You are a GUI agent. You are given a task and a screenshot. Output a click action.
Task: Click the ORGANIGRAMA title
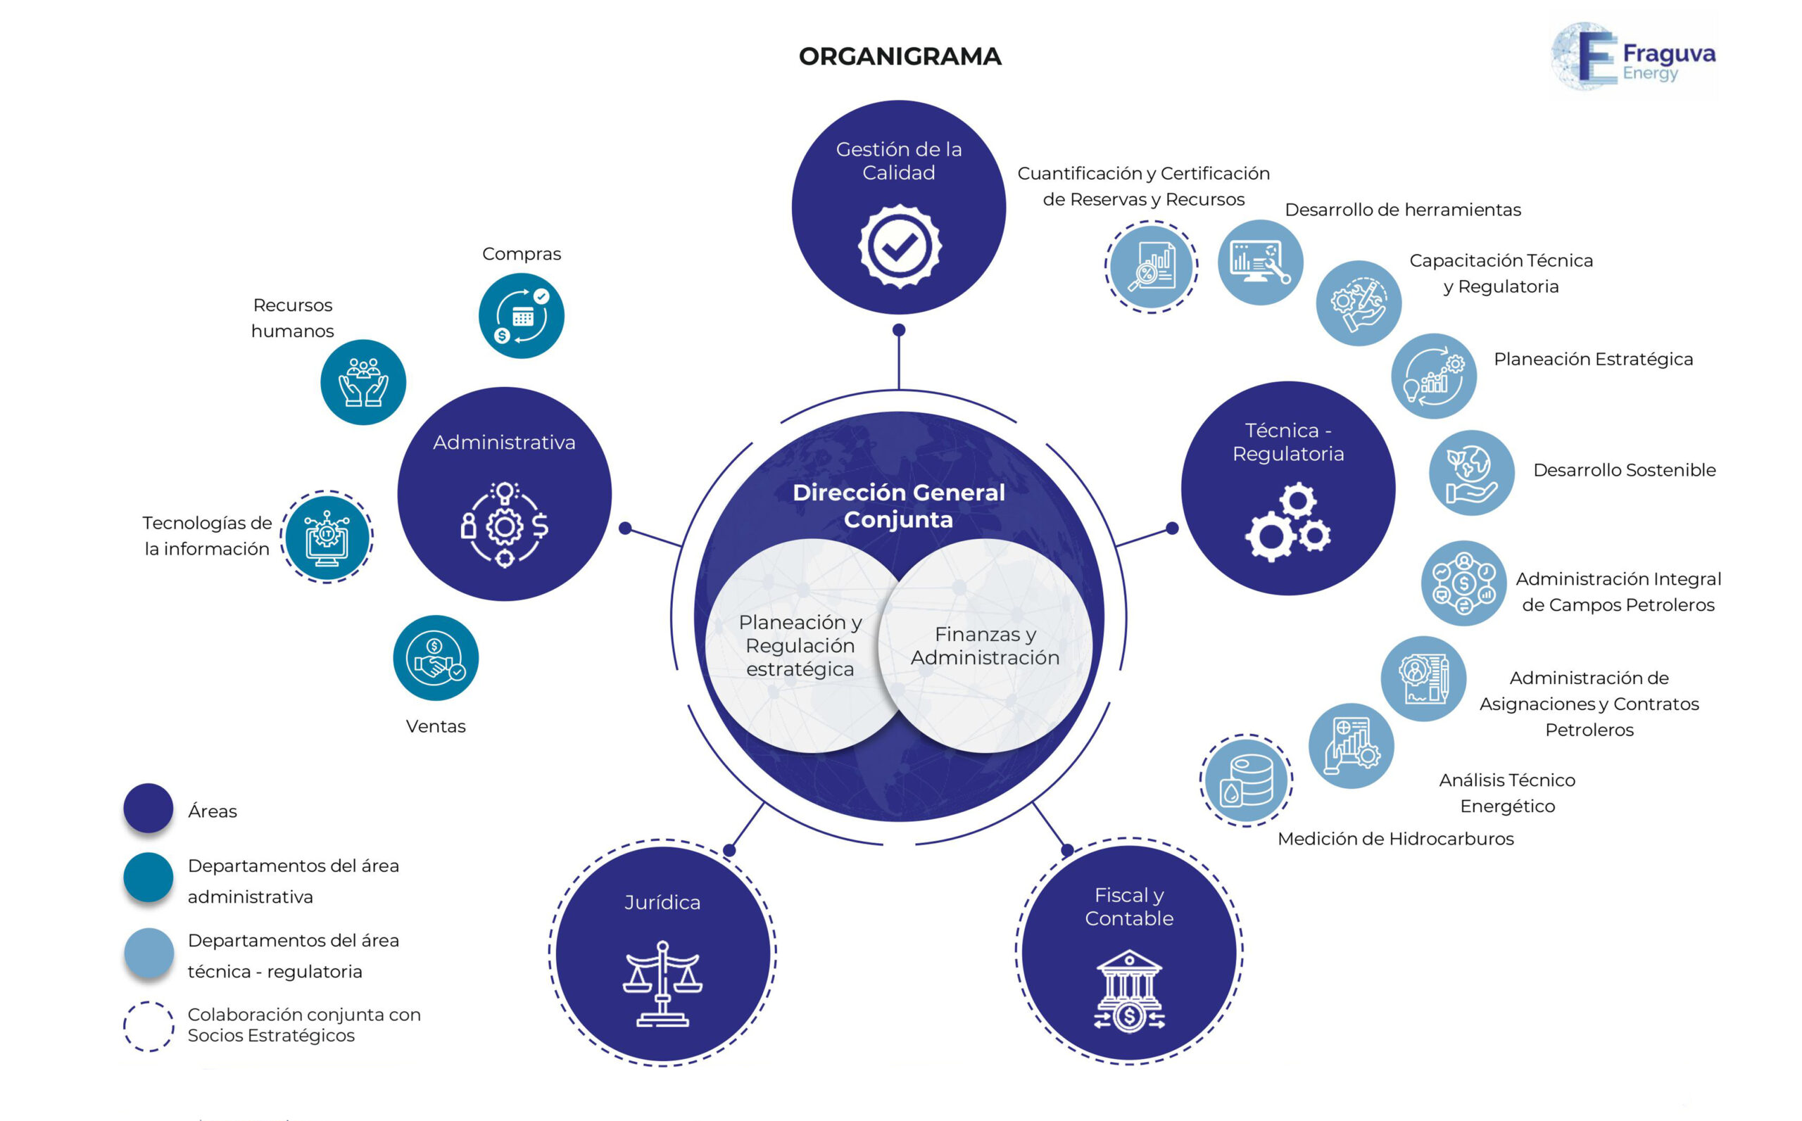click(x=900, y=56)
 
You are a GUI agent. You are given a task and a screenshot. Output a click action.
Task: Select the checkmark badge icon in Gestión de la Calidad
click(x=900, y=246)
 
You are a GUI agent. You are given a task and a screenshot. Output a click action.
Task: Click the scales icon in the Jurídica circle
click(x=662, y=984)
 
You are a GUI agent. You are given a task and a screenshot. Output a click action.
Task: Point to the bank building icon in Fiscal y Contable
click(x=1128, y=991)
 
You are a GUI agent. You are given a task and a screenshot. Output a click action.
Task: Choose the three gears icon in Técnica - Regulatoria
click(x=1288, y=521)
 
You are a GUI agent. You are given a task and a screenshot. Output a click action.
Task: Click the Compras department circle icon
click(x=522, y=316)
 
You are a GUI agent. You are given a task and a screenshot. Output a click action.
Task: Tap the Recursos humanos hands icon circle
click(x=363, y=383)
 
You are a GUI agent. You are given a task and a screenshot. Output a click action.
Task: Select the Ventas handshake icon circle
click(x=436, y=659)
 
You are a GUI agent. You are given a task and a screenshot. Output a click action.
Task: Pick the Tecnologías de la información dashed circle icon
click(x=327, y=537)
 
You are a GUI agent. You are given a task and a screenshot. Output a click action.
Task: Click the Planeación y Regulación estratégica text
click(x=800, y=646)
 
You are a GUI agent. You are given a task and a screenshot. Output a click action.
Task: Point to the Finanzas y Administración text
click(x=985, y=646)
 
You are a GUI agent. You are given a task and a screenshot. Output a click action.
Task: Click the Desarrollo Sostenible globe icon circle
click(x=1471, y=473)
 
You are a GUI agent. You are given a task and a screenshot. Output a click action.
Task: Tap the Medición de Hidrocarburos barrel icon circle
click(x=1246, y=780)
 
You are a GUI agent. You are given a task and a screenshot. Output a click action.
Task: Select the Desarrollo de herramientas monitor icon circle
click(x=1260, y=262)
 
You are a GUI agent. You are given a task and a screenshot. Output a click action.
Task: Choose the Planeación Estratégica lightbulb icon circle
click(x=1433, y=376)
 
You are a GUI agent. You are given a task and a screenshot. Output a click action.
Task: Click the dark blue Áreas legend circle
click(x=149, y=808)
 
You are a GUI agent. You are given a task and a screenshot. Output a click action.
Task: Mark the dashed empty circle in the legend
click(x=149, y=1026)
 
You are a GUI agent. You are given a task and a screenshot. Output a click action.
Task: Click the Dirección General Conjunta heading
click(x=899, y=506)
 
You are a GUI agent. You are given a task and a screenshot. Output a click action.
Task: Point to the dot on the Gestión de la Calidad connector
click(x=899, y=330)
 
